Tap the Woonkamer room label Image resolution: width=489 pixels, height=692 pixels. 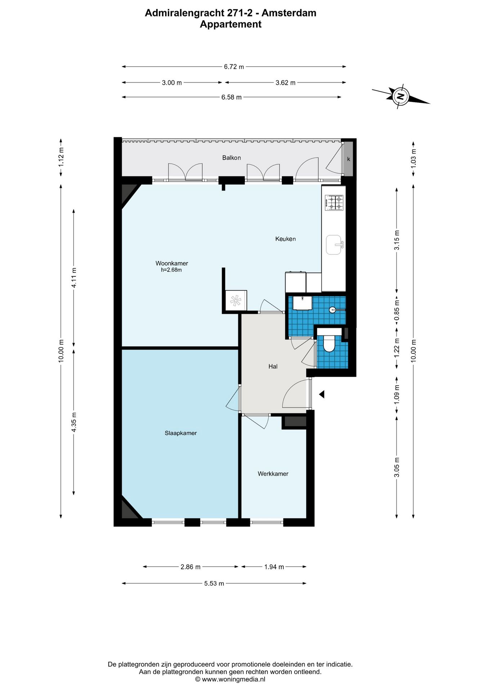pos(172,263)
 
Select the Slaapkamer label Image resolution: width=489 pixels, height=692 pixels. pos(181,433)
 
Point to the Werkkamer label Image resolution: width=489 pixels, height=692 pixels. pos(273,474)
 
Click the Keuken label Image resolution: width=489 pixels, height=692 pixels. pos(286,239)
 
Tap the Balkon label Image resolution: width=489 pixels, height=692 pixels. pos(232,158)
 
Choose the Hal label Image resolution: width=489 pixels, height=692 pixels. pos(273,367)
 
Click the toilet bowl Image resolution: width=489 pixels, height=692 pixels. pos(329,343)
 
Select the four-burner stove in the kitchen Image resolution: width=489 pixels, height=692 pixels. pos(335,203)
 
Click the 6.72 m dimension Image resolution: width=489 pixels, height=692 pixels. pos(234,67)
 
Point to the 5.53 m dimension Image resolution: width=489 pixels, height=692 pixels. pos(214,584)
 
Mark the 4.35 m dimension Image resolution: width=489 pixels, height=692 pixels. pos(74,422)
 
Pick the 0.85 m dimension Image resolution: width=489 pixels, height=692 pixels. pos(397,311)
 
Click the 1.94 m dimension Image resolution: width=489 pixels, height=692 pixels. pos(274,567)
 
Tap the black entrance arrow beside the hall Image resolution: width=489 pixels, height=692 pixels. pos(322,394)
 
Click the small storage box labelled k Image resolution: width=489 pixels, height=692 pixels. pos(348,159)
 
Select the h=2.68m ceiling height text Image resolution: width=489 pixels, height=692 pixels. pos(171,270)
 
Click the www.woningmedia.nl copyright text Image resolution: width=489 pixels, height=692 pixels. pos(230,679)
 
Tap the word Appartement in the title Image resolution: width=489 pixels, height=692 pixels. pos(230,24)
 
